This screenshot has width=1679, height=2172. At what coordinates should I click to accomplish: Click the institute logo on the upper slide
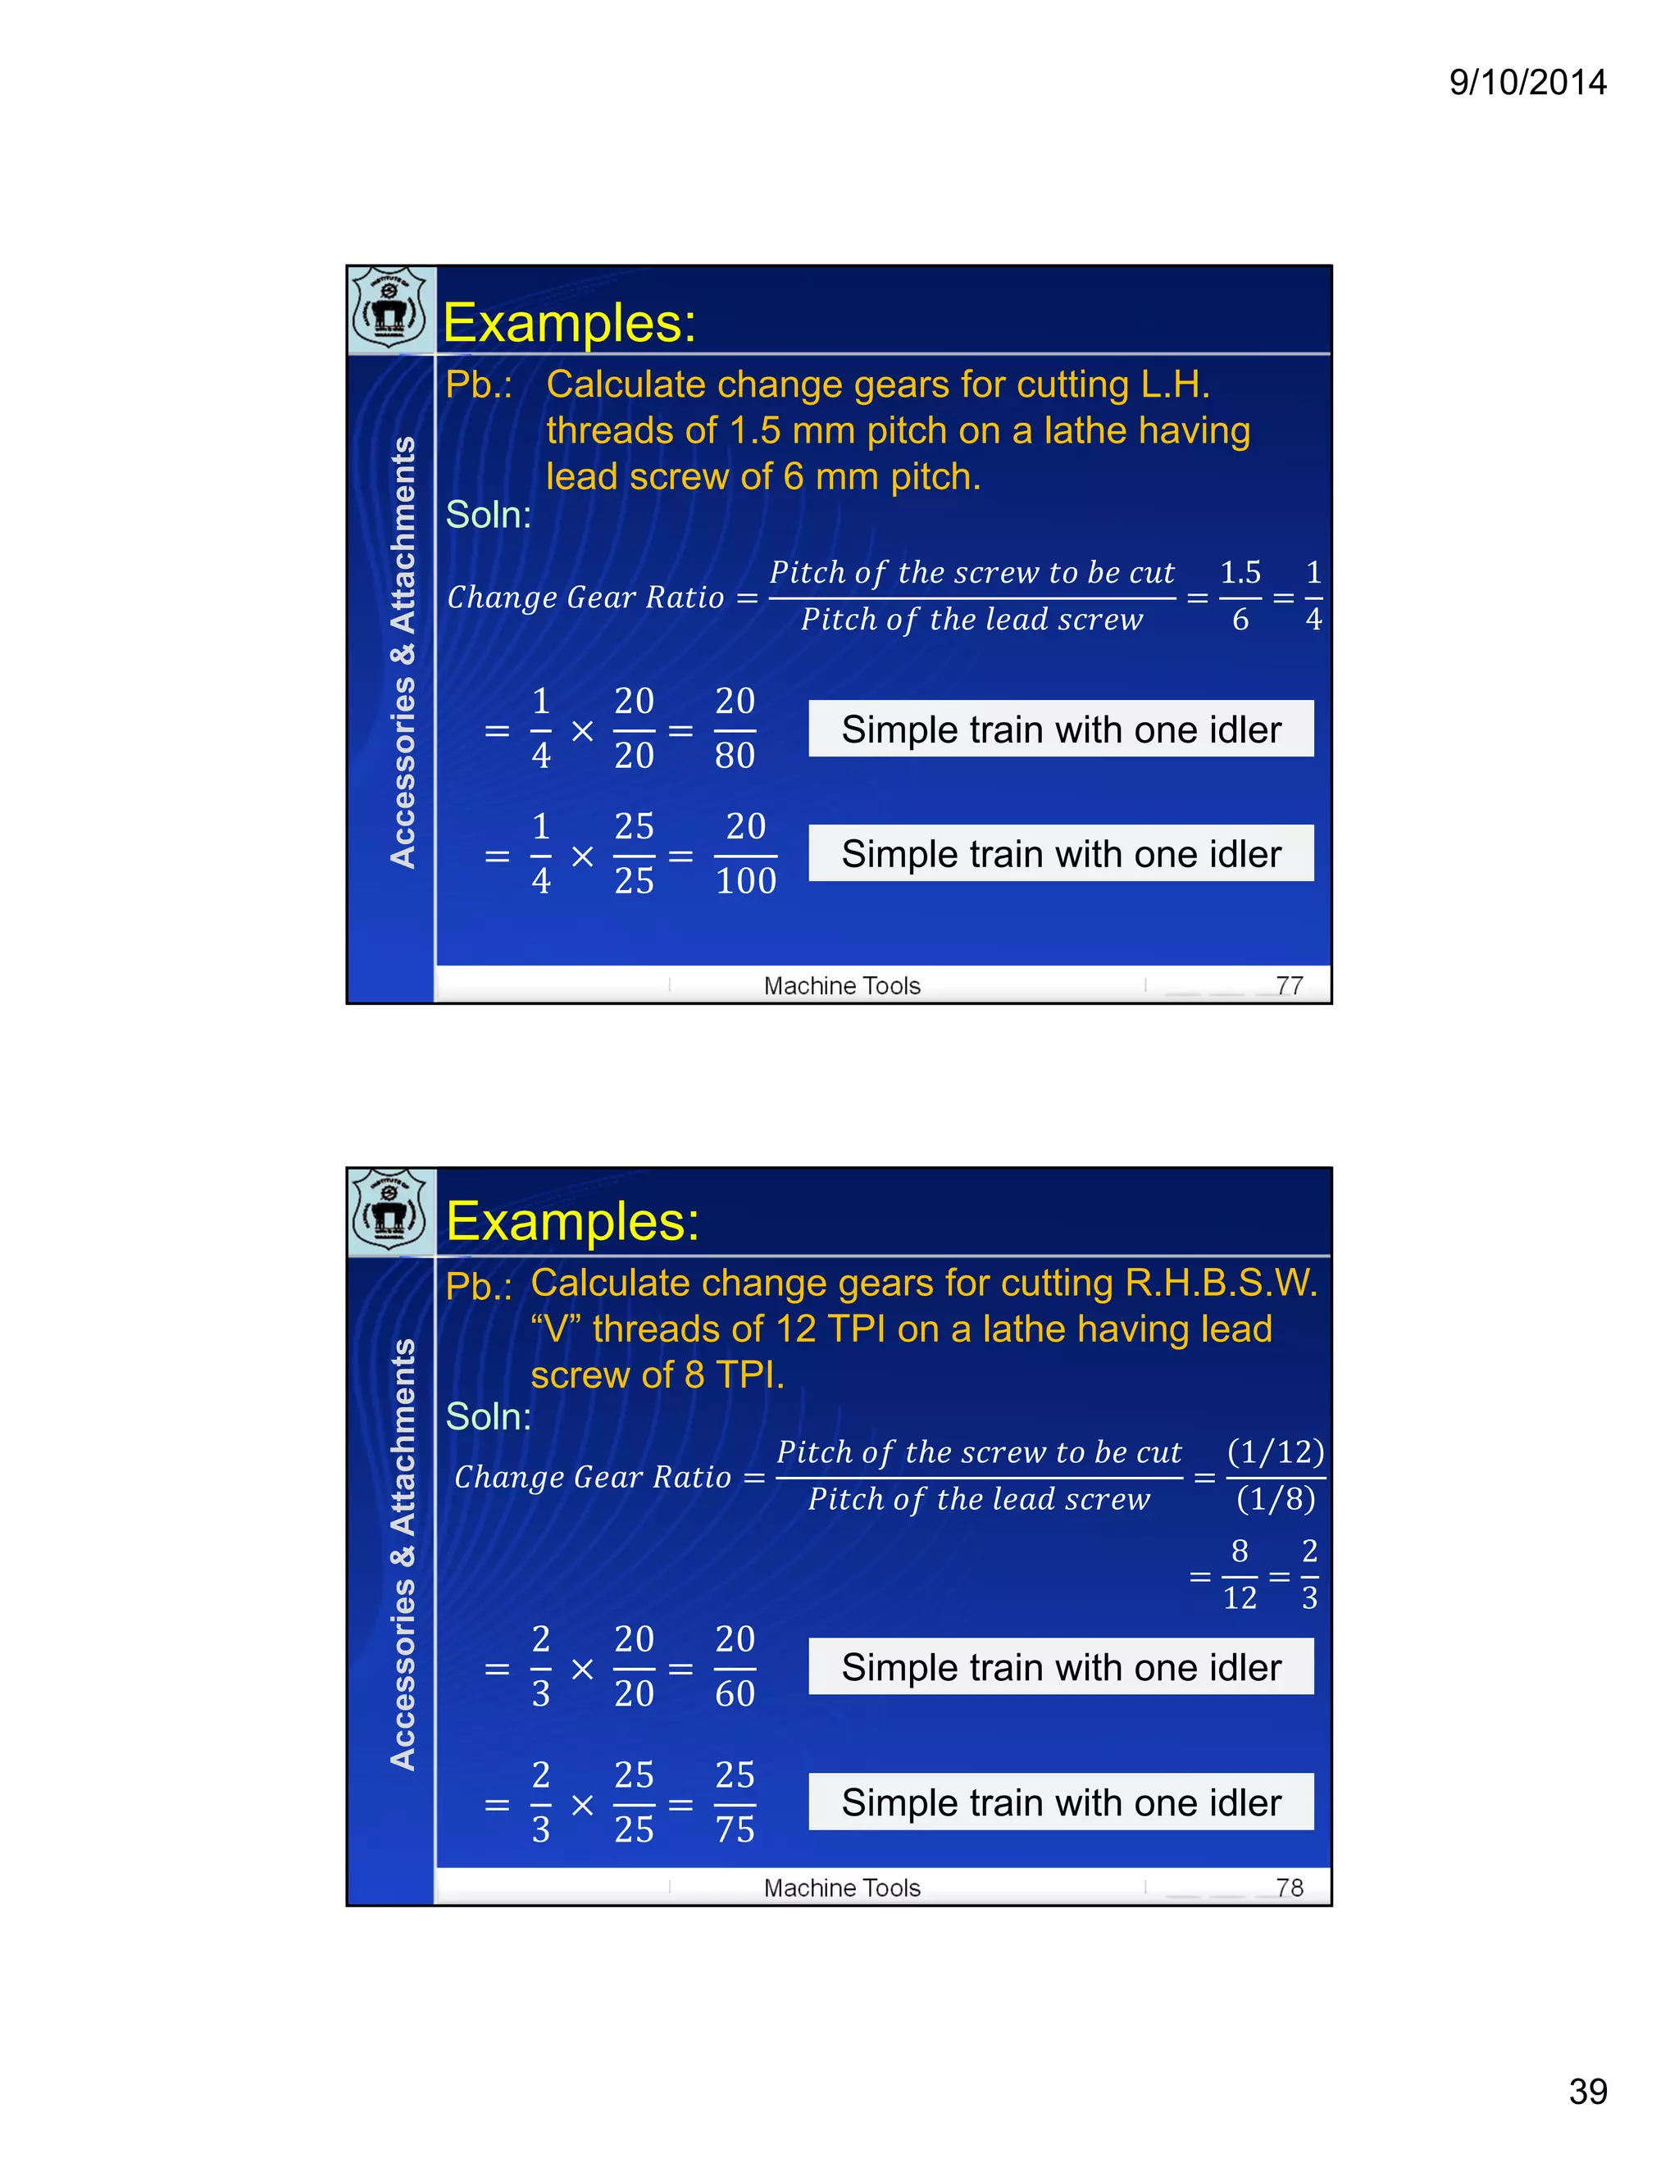pos(389,309)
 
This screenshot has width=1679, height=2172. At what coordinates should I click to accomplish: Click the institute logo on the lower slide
pos(389,1211)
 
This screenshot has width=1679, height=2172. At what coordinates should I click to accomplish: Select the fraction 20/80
pos(735,729)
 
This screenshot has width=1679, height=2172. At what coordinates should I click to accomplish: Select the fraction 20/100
pos(745,854)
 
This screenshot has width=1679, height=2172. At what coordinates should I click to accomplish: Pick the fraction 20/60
pos(735,1667)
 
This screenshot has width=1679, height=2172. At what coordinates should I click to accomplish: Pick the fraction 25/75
pos(735,1803)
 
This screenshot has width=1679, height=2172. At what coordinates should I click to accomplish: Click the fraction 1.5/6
pos(1240,597)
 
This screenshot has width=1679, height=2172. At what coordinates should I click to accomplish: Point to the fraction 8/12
pos(1240,1575)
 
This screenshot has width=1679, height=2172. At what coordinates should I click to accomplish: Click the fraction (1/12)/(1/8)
pos(1275,1476)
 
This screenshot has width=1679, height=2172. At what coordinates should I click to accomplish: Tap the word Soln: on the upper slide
pos(489,516)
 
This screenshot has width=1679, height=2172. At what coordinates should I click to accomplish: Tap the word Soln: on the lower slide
pos(489,1417)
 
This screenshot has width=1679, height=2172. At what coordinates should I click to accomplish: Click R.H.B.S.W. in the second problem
pos(1221,1284)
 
